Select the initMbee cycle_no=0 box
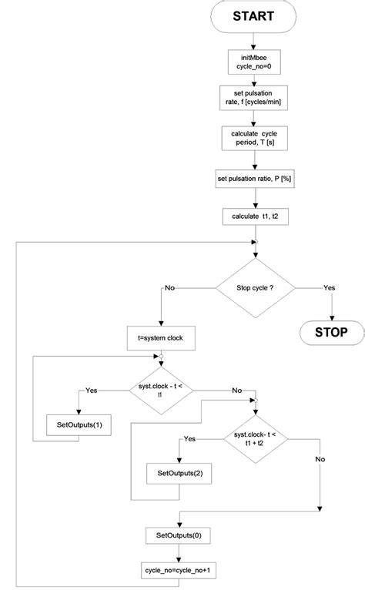coord(253,62)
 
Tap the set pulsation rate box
coord(253,99)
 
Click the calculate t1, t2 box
coord(254,216)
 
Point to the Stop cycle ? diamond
coord(254,289)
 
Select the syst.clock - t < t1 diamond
coord(161,390)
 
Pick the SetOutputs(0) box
coord(179,534)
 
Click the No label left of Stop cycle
coord(171,290)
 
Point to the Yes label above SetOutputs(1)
coord(92,390)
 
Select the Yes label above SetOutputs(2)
coord(189,439)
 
